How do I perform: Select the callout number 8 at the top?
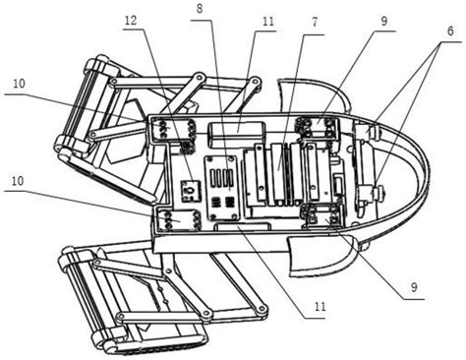coord(200,9)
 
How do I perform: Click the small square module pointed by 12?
coord(190,188)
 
